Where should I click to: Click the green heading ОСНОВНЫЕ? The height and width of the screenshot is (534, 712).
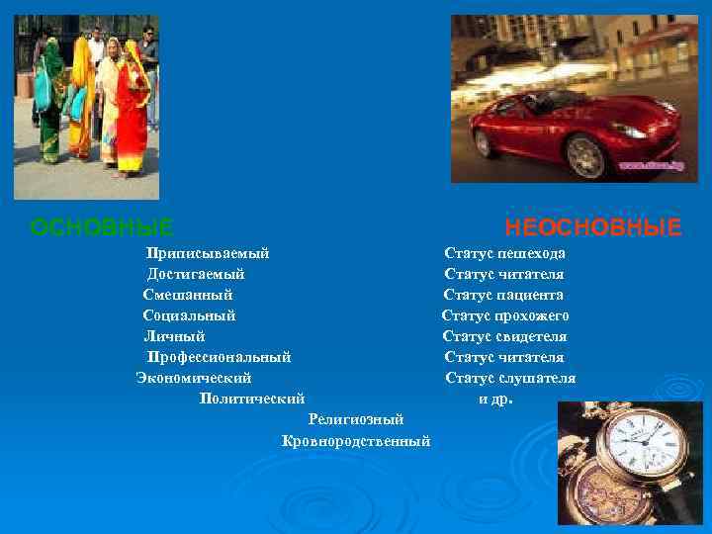(x=103, y=228)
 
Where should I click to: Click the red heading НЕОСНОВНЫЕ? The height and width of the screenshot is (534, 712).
(x=593, y=228)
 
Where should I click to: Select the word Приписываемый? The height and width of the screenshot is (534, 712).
(x=208, y=253)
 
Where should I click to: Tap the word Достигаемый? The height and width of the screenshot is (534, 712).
(x=196, y=274)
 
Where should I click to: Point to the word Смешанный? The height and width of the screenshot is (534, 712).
(x=188, y=295)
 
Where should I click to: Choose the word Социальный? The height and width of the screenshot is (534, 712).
(x=189, y=315)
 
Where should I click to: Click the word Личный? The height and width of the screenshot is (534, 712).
(x=174, y=336)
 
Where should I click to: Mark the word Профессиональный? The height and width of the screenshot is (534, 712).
(x=219, y=357)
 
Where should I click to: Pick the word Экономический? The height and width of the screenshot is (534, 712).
(x=194, y=378)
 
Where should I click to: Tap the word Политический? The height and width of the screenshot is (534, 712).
(x=251, y=399)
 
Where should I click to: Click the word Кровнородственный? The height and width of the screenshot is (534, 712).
(x=356, y=440)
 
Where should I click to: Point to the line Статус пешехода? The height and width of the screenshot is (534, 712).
(x=504, y=253)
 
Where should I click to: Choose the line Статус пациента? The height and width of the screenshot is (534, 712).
(x=503, y=295)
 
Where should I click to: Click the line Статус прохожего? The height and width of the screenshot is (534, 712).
(x=505, y=315)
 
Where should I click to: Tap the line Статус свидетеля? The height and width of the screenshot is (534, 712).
(x=504, y=336)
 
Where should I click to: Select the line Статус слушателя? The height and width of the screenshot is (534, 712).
(x=510, y=378)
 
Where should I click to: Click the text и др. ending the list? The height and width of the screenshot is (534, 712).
(x=496, y=400)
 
